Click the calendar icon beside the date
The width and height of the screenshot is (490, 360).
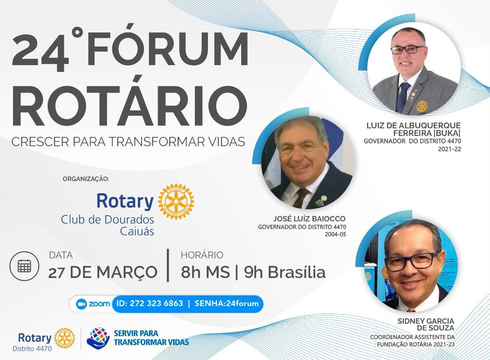pos(24,266)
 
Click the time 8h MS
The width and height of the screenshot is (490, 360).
pos(205,272)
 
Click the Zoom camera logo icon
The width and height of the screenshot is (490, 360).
pos(81,304)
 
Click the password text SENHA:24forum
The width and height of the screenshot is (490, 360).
pos(227,304)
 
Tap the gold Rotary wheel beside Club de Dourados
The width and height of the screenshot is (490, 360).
pos(176,201)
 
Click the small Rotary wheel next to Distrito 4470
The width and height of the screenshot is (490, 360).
pos(64,338)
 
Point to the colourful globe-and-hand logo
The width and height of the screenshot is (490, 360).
pos(98,337)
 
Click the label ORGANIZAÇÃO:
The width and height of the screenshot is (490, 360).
pos(86,179)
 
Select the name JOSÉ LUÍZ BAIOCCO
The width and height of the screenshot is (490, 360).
pos(309,219)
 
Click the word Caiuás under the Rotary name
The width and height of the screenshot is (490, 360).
pos(137,231)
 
